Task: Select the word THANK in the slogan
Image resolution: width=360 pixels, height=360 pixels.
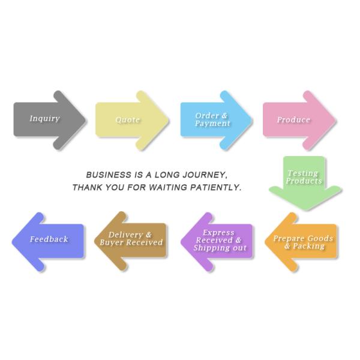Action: click(86, 188)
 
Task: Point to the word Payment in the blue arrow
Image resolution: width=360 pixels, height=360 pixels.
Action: click(212, 124)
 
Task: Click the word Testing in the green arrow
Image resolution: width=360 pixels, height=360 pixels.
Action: click(302, 173)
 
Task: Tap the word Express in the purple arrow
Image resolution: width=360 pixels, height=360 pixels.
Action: click(218, 233)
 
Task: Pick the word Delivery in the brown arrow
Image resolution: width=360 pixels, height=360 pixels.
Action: click(125, 235)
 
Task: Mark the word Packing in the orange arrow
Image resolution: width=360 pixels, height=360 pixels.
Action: click(308, 246)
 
